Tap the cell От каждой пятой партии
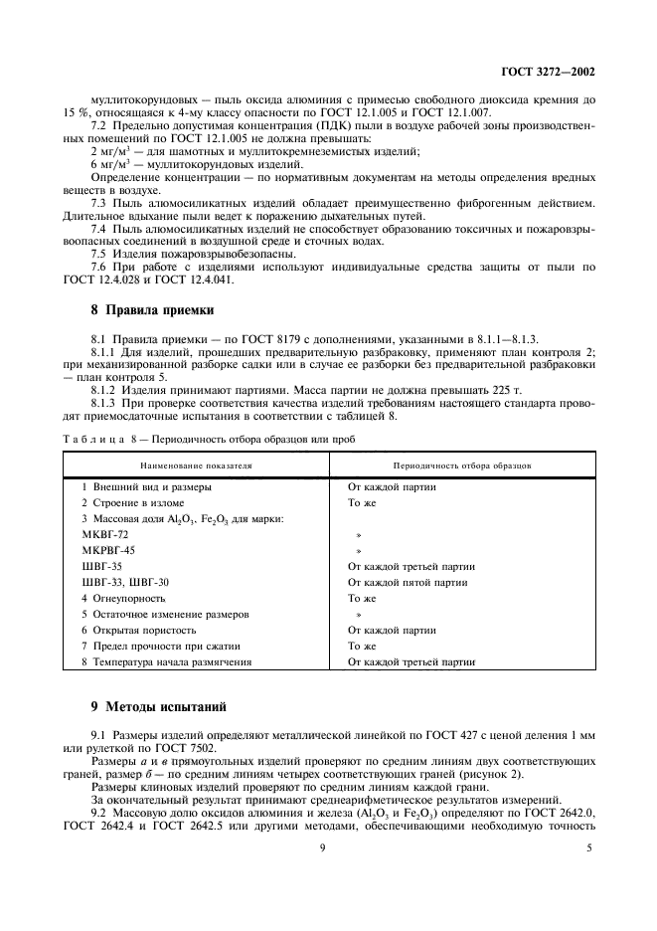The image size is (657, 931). (x=408, y=582)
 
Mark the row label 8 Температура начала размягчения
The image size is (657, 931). (x=167, y=661)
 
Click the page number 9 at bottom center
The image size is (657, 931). (x=323, y=847)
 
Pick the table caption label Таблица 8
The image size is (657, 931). (x=100, y=439)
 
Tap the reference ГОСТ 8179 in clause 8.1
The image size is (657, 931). (x=235, y=341)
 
